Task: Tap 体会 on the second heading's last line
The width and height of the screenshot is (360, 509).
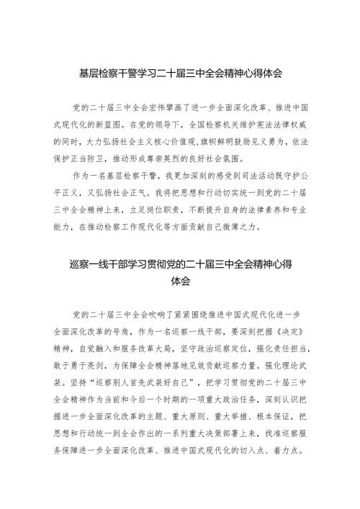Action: (180, 282)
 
